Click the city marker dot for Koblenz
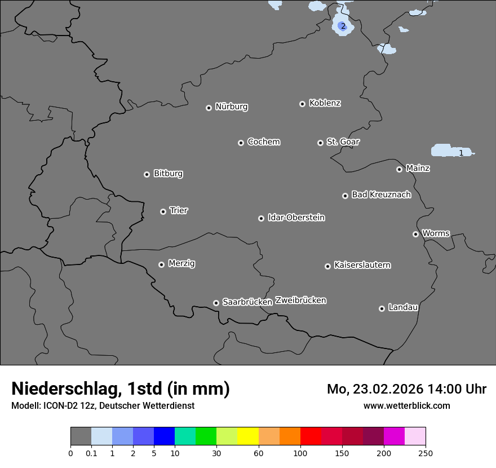(302, 104)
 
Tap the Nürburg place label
(231, 107)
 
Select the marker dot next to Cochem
(241, 143)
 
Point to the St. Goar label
(343, 142)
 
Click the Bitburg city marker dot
(147, 174)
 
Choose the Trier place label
(179, 210)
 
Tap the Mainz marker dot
(399, 169)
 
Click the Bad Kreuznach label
(381, 195)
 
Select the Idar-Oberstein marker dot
(261, 218)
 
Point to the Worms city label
(436, 233)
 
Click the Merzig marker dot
(161, 264)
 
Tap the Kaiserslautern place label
(362, 265)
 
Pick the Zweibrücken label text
(300, 300)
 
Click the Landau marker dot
(382, 308)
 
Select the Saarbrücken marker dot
(216, 303)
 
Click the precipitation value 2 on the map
(343, 26)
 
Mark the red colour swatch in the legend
(311, 436)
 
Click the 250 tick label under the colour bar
(426, 453)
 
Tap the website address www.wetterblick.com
(406, 405)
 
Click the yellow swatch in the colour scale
(248, 436)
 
